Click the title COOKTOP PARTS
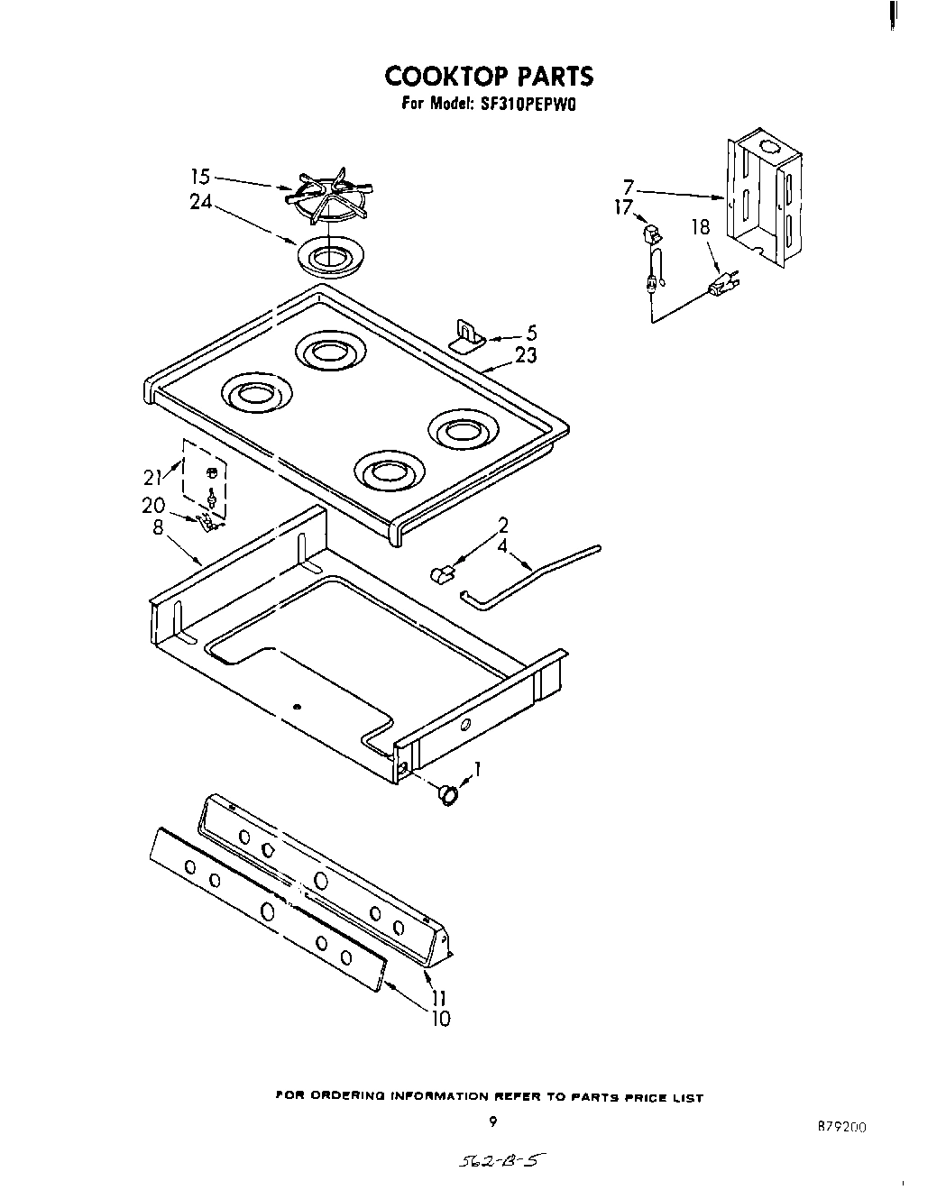(x=490, y=76)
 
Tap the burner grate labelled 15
(x=329, y=198)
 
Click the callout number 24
(x=200, y=203)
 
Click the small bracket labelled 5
(x=467, y=335)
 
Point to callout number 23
(x=526, y=355)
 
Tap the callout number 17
(x=623, y=207)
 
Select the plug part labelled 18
(x=721, y=286)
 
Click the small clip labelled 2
(x=441, y=574)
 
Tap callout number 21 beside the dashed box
(x=153, y=478)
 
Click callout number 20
(x=153, y=506)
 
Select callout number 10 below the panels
(x=440, y=1020)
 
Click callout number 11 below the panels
(x=440, y=999)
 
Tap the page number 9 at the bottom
(x=492, y=1122)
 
